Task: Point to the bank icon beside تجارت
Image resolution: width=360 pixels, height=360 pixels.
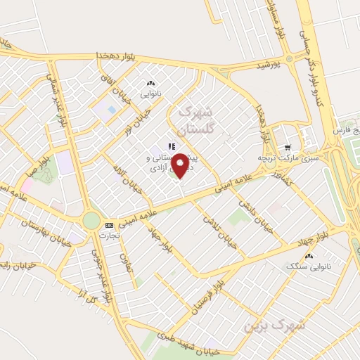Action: tap(108, 225)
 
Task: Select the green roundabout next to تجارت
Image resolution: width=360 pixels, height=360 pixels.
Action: tap(91, 220)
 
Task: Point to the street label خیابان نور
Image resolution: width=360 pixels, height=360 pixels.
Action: tap(139, 119)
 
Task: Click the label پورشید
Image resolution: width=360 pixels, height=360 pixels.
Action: tap(267, 65)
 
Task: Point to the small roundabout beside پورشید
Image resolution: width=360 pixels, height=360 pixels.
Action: tap(289, 58)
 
